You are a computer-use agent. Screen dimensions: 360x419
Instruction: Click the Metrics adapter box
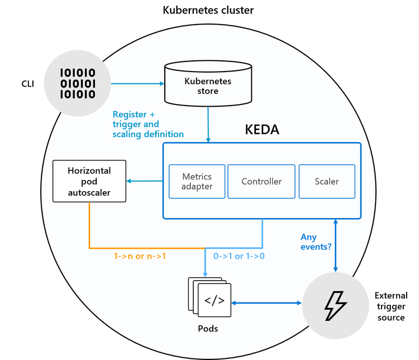(197, 181)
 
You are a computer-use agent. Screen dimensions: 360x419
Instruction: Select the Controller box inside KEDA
(261, 181)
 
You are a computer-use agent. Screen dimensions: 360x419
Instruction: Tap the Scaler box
(327, 181)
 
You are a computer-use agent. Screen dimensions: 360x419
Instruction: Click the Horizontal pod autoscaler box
(89, 182)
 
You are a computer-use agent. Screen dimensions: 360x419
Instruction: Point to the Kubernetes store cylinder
(208, 84)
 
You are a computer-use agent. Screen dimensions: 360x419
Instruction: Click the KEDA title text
(262, 130)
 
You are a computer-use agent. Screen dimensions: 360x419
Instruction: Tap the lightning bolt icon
(335, 304)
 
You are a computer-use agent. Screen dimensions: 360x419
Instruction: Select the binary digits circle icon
(77, 83)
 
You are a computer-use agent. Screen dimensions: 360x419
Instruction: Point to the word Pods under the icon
(208, 328)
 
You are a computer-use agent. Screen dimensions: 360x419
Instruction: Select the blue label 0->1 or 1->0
(239, 257)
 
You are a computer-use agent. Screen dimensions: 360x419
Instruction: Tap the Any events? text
(316, 241)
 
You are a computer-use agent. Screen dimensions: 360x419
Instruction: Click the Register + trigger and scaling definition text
(148, 124)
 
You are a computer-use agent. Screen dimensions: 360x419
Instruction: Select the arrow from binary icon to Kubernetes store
(137, 84)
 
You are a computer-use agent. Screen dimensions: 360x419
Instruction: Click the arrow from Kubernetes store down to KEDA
(208, 123)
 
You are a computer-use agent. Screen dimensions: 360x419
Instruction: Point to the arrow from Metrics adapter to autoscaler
(145, 181)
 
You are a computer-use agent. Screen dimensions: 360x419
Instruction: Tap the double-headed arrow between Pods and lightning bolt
(266, 303)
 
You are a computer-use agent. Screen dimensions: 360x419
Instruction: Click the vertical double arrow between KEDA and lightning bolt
(335, 246)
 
